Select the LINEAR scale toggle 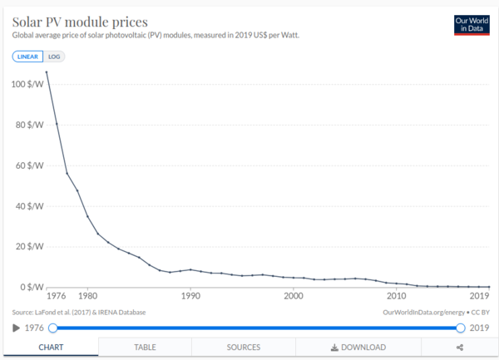[x=26, y=57]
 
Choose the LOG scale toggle [x=54, y=57]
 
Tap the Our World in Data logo [x=472, y=25]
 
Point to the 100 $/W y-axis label [x=27, y=85]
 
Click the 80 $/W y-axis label [x=29, y=126]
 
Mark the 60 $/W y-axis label [x=29, y=166]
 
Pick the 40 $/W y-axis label [x=29, y=206]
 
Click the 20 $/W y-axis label [x=29, y=247]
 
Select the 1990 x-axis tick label [x=190, y=296]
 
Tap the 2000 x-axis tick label [x=293, y=296]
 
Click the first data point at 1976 [x=47, y=72]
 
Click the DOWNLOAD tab [x=358, y=347]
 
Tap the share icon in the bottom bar [x=460, y=347]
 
